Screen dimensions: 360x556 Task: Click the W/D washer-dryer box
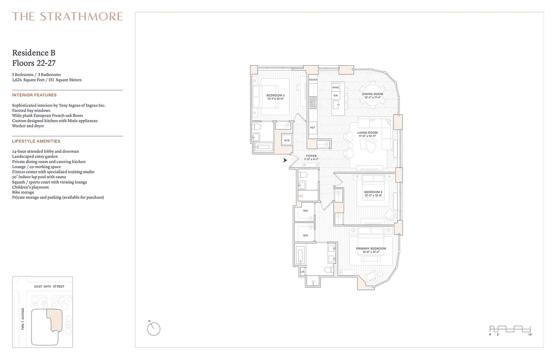[x=287, y=140]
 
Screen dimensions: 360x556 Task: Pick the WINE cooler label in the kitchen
[x=335, y=87]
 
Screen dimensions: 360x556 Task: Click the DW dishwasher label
[x=335, y=95]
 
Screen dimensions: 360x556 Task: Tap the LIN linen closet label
[x=302, y=272]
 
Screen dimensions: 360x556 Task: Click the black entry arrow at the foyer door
[x=285, y=160]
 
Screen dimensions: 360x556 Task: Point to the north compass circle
[x=153, y=329]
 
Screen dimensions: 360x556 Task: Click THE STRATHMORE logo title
[x=67, y=17]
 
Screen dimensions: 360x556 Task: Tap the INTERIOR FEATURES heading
[x=34, y=95]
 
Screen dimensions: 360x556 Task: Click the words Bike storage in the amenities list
[x=23, y=192]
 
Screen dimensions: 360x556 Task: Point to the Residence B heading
[x=34, y=54]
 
